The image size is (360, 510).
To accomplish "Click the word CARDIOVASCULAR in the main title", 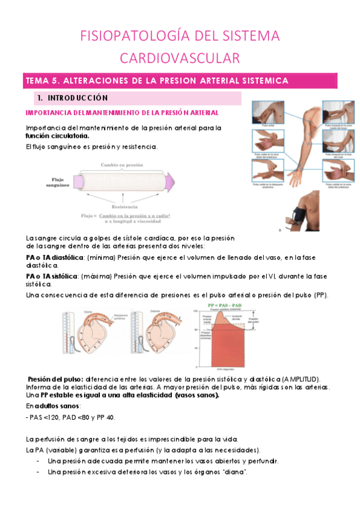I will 180,58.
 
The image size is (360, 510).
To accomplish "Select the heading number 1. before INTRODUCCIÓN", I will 40,97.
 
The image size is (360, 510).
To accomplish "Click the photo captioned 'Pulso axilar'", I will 265,114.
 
